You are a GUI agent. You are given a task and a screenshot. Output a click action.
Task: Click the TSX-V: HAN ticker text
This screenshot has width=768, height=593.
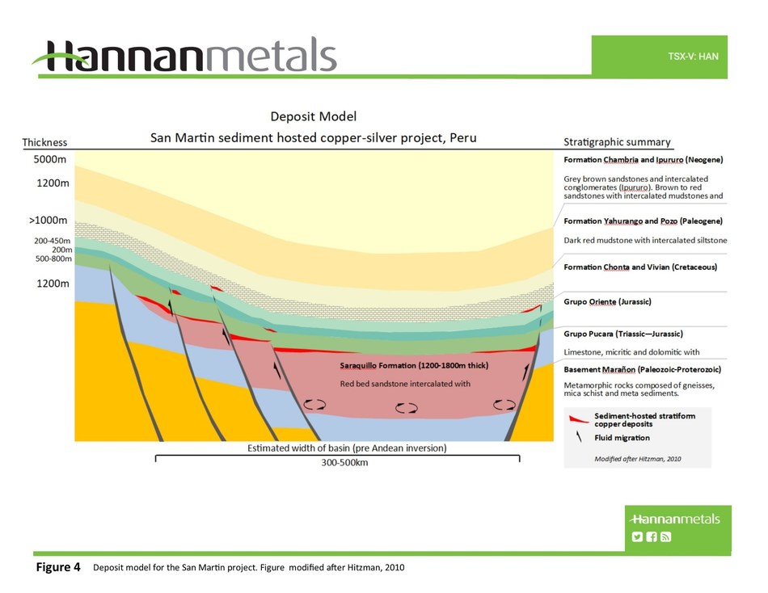point(693,57)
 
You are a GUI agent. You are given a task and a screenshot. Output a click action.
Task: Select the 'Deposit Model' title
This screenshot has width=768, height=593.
point(313,117)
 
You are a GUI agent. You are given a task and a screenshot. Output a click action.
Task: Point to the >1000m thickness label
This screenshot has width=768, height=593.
point(47,221)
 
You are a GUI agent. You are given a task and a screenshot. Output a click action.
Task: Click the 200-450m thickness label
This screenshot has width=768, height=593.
point(50,241)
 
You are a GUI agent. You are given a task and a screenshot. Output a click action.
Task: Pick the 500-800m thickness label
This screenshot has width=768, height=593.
point(50,259)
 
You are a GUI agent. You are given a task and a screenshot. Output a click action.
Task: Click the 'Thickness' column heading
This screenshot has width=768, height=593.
point(44,142)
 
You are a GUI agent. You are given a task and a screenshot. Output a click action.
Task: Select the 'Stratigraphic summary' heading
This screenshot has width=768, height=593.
point(617,142)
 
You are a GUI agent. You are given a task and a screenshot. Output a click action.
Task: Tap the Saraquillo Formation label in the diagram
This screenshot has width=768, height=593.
point(414,366)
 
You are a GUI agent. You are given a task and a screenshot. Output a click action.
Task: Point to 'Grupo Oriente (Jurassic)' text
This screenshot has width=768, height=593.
point(607,302)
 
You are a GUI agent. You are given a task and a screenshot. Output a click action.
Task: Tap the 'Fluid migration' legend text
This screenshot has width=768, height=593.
point(622,438)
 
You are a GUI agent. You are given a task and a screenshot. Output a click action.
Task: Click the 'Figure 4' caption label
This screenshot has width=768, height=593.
point(57,567)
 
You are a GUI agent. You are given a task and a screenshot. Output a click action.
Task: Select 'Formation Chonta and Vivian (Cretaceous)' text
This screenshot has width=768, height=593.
point(639,267)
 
